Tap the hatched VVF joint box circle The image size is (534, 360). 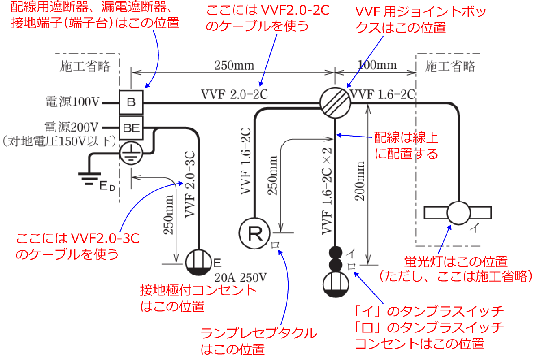334,103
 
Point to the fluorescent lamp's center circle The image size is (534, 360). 458,213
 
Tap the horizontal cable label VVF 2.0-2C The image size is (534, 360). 235,94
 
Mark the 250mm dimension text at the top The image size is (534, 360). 235,65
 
